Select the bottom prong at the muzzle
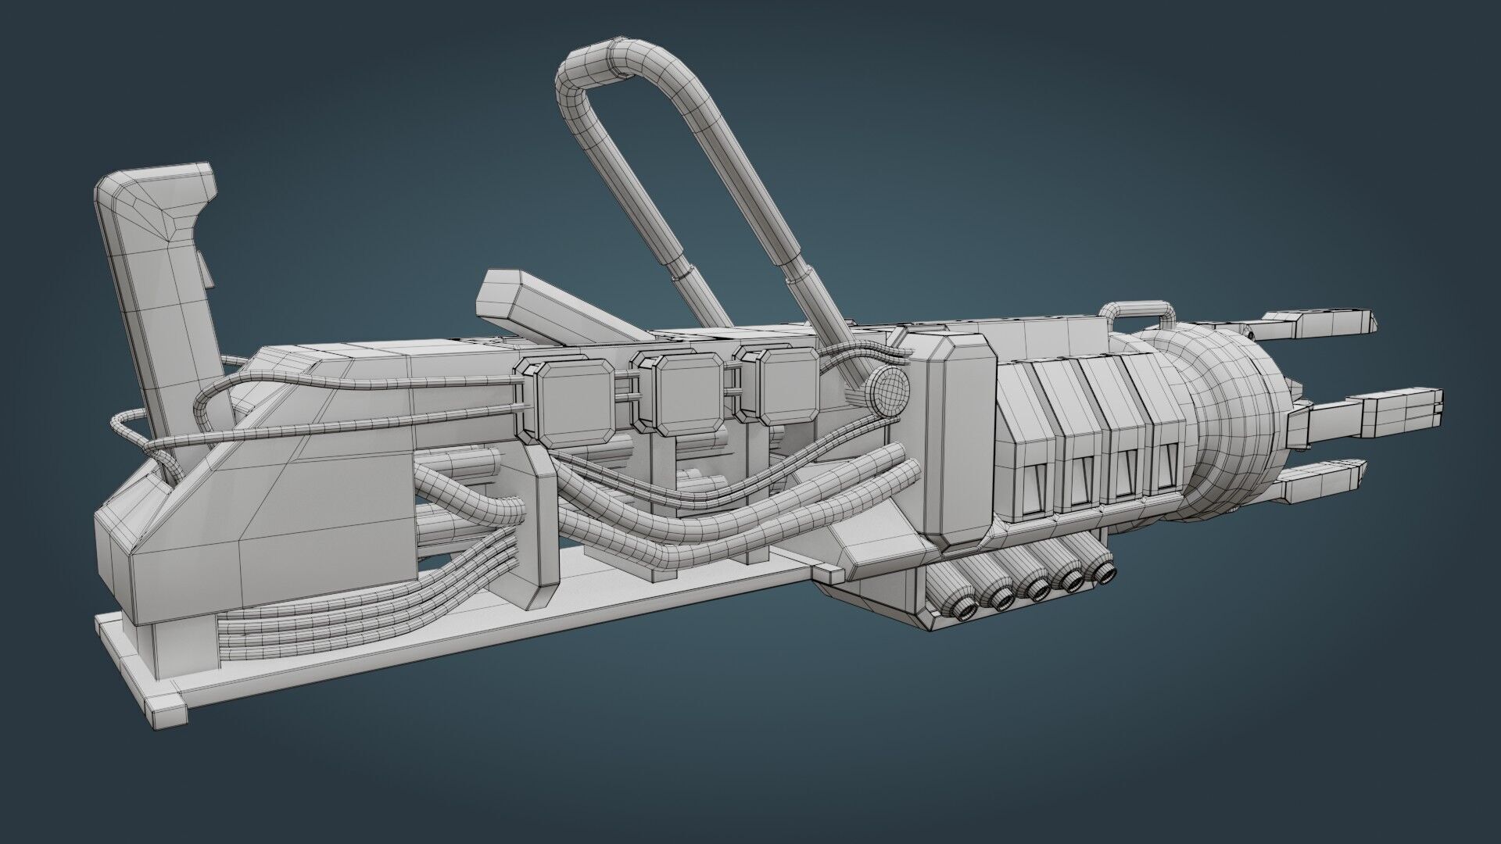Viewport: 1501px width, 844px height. [x=1321, y=477]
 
